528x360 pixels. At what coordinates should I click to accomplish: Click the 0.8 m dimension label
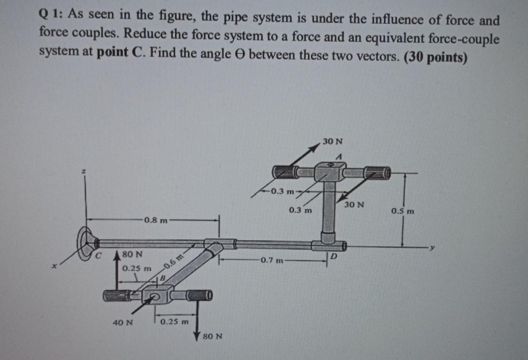155,220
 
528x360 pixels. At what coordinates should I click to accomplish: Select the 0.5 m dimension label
403,212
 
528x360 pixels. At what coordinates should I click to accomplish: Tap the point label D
334,257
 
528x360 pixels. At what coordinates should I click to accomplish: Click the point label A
339,157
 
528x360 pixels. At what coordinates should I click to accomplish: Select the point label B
163,278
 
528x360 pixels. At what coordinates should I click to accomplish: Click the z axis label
84,171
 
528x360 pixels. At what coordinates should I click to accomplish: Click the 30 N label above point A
333,142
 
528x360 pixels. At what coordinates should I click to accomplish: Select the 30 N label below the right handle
354,205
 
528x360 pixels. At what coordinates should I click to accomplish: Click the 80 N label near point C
132,255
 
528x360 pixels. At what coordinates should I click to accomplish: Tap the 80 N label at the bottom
213,336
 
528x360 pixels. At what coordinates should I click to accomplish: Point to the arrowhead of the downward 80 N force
197,335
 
